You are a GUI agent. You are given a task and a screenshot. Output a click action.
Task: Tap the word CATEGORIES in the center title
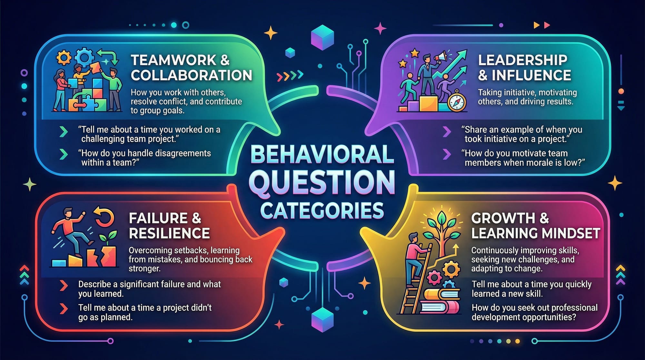point(322,210)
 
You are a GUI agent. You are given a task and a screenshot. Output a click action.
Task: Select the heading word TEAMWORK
point(174,60)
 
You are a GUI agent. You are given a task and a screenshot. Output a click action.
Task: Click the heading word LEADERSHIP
point(522,60)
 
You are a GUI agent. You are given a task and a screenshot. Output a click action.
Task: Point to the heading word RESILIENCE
point(169,233)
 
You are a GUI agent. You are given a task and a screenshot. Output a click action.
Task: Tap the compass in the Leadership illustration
point(457,103)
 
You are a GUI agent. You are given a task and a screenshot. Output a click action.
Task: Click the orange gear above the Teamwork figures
point(64,58)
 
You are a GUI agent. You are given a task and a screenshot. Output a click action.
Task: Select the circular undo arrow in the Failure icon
point(104,216)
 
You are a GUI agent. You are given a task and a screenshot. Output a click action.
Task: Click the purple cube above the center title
point(322,39)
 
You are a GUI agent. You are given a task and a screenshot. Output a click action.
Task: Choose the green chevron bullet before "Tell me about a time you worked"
point(64,131)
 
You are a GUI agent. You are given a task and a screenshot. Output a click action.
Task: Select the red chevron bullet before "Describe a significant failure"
point(64,285)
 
